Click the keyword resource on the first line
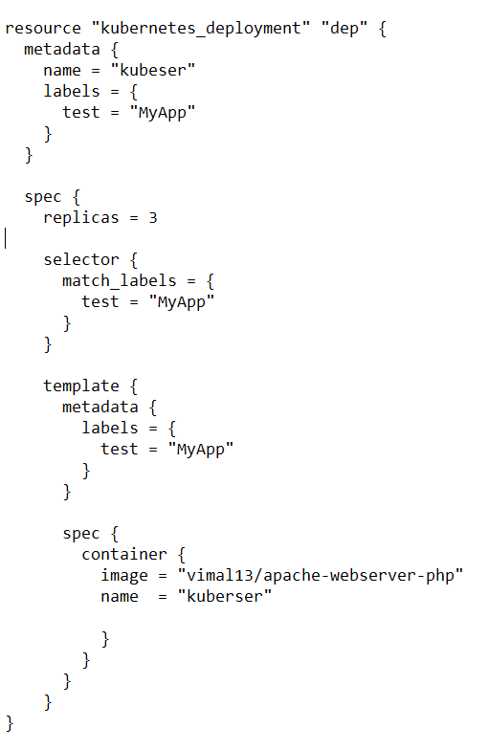(43, 29)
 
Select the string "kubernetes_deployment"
(201, 29)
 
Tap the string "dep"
(344, 29)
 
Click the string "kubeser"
(153, 70)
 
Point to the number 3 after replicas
(153, 218)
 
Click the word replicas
(80, 218)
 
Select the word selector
(80, 260)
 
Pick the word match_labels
(119, 281)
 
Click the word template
(80, 386)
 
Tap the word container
(124, 555)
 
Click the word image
(124, 576)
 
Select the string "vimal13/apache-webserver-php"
(321, 576)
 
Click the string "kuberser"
(225, 597)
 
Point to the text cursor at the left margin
(6, 238)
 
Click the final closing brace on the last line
(10, 723)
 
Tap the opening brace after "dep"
(383, 29)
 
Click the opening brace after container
(182, 555)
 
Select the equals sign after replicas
(134, 218)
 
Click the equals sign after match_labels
(191, 281)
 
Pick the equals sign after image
(163, 576)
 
